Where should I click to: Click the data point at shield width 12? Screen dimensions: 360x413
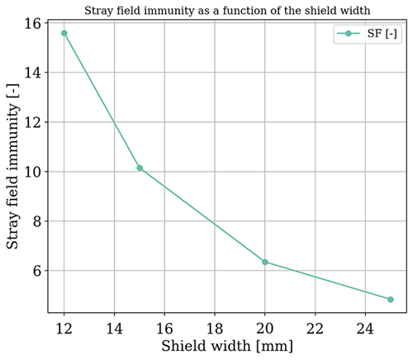click(x=64, y=33)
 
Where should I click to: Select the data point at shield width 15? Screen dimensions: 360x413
click(x=140, y=168)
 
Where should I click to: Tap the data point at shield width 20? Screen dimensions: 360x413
click(x=265, y=262)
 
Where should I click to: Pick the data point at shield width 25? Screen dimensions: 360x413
click(x=390, y=300)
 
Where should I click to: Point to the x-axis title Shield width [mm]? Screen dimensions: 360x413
click(x=227, y=347)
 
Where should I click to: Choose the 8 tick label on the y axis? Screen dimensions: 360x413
click(x=37, y=221)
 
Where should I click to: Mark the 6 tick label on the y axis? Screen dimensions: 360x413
click(x=37, y=271)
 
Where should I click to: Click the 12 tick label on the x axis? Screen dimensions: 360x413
click(x=64, y=328)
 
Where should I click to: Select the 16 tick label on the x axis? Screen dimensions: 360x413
click(x=164, y=328)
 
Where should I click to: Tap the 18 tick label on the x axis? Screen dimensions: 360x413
click(x=215, y=328)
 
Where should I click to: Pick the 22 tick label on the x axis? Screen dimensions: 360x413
click(x=315, y=328)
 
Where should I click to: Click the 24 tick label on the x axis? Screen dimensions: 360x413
click(x=365, y=328)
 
